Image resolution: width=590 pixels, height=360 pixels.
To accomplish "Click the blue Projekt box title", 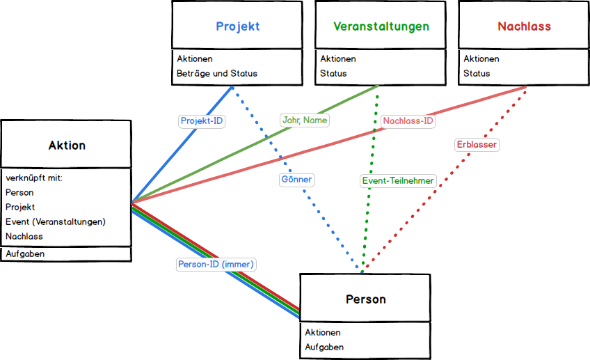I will pyautogui.click(x=237, y=26).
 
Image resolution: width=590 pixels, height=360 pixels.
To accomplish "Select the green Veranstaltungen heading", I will pyautogui.click(x=381, y=26).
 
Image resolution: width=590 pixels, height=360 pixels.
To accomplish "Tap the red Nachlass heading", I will pyautogui.click(x=524, y=26).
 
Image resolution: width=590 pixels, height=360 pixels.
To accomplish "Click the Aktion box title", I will pyautogui.click(x=67, y=146).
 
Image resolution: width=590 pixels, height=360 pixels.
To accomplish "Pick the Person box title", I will pyautogui.click(x=365, y=299).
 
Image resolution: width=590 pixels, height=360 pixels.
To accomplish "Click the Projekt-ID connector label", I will pyautogui.click(x=202, y=120).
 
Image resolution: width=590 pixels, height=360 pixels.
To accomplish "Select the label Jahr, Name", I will pyautogui.click(x=305, y=120).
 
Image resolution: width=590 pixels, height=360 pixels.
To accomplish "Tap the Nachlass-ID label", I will pyautogui.click(x=409, y=120).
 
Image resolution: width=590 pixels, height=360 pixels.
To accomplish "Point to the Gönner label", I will pyautogui.click(x=296, y=180).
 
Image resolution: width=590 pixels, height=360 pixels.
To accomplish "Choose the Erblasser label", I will pyautogui.click(x=477, y=145).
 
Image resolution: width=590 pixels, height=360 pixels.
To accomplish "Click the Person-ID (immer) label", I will pyautogui.click(x=216, y=265).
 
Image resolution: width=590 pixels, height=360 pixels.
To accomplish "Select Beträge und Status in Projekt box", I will pyautogui.click(x=216, y=73).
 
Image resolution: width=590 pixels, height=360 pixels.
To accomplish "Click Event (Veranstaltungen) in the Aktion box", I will pyautogui.click(x=55, y=222).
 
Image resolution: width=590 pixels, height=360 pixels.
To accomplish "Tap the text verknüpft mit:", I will pyautogui.click(x=33, y=178).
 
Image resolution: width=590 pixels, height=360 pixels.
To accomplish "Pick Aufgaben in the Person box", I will pyautogui.click(x=324, y=347).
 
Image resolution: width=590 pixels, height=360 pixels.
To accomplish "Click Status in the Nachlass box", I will pyautogui.click(x=477, y=73).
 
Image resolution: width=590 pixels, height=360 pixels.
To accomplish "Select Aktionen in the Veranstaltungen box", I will pyautogui.click(x=337, y=58).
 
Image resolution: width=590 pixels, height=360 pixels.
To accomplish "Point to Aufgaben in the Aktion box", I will pyautogui.click(x=25, y=254).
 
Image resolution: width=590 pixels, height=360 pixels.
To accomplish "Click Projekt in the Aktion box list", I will pyautogui.click(x=20, y=207).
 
